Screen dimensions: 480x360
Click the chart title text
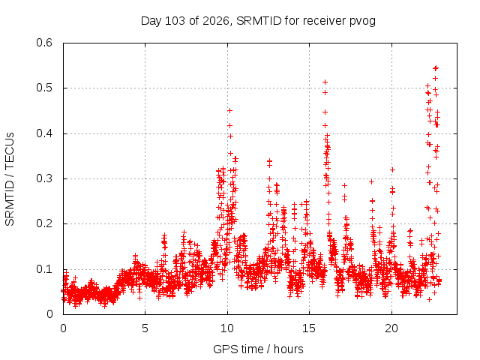[258, 21]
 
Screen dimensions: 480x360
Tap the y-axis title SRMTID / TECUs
[10, 179]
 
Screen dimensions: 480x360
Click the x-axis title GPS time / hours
[258, 349]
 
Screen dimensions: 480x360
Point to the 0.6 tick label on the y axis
[44, 43]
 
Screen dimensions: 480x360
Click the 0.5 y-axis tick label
[44, 88]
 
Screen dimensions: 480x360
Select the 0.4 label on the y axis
[44, 133]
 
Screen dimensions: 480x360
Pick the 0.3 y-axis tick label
[44, 178]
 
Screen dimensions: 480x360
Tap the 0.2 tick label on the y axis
[44, 223]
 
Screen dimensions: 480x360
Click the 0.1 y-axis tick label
[44, 269]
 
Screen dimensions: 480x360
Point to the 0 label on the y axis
[49, 314]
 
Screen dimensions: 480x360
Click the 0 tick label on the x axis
[63, 328]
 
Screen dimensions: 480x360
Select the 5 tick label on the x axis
[145, 328]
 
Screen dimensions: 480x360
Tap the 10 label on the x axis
[227, 328]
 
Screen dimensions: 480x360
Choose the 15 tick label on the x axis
[309, 328]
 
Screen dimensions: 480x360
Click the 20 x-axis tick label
[391, 328]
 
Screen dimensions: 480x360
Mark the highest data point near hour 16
[325, 82]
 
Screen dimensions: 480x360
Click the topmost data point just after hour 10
[229, 110]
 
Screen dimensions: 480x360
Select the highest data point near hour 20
[392, 169]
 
